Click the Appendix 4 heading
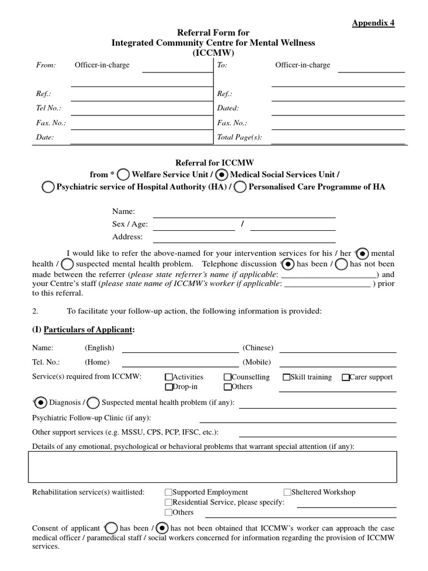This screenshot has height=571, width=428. (373, 23)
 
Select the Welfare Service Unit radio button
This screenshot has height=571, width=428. (125, 174)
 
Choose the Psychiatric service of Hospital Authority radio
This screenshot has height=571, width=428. (49, 187)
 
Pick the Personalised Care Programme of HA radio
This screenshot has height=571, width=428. (241, 187)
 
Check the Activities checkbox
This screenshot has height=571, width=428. (168, 378)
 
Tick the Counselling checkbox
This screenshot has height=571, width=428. (227, 378)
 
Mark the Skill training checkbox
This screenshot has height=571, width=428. (286, 378)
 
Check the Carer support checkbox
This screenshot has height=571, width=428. (346, 378)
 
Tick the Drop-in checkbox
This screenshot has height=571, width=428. (168, 387)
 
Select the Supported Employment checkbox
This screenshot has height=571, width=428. (168, 492)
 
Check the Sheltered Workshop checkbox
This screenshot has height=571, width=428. (287, 492)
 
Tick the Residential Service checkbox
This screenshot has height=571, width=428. (168, 502)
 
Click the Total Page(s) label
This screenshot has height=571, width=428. (239, 137)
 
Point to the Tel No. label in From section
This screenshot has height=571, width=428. (48, 108)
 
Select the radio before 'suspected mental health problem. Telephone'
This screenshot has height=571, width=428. (67, 263)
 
